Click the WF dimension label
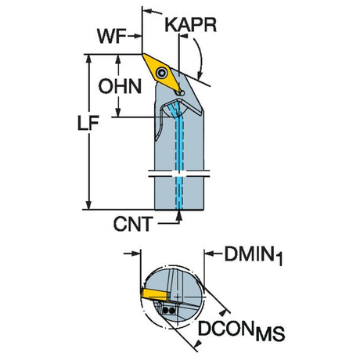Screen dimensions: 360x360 (111, 36)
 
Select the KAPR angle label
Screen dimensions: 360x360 (191, 25)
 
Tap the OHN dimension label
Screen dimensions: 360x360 (120, 86)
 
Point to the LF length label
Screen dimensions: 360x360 (88, 123)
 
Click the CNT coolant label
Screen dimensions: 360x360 (133, 224)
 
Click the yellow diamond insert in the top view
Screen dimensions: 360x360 (162, 73)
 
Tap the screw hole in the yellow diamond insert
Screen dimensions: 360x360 (162, 72)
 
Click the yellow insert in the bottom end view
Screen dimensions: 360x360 (154, 294)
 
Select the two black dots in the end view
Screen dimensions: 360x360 (168, 311)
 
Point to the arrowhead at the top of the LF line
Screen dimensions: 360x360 (89, 59)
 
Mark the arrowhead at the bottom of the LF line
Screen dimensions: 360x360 (89, 204)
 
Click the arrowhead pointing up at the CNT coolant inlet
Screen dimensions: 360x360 (179, 214)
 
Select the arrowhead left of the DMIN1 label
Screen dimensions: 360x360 (209, 253)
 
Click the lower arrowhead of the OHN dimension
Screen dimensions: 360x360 (118, 112)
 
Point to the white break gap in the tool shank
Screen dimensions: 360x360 (179, 174)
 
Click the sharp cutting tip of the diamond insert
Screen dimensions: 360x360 (142, 54)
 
